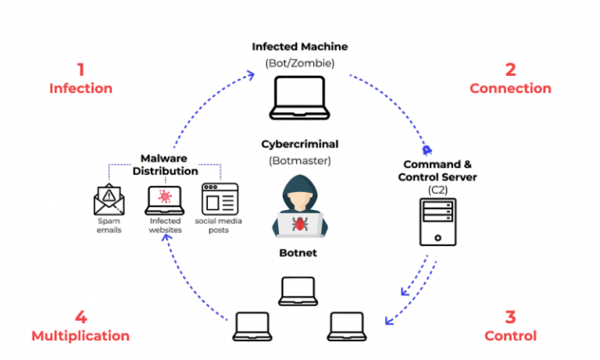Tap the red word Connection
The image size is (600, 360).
click(x=510, y=88)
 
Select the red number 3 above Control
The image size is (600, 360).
click(x=510, y=316)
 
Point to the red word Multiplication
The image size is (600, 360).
click(x=80, y=336)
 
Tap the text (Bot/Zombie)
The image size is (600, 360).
click(x=300, y=62)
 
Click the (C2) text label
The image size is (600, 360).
click(x=437, y=190)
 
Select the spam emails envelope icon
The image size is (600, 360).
click(x=108, y=200)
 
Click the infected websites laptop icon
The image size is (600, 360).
click(x=165, y=199)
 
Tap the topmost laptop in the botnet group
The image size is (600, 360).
click(x=299, y=290)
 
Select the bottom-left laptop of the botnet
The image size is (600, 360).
click(x=253, y=325)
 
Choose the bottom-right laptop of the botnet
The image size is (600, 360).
click(x=347, y=325)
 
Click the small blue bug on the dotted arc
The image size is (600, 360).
click(x=427, y=148)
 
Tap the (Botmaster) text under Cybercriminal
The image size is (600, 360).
click(x=300, y=162)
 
